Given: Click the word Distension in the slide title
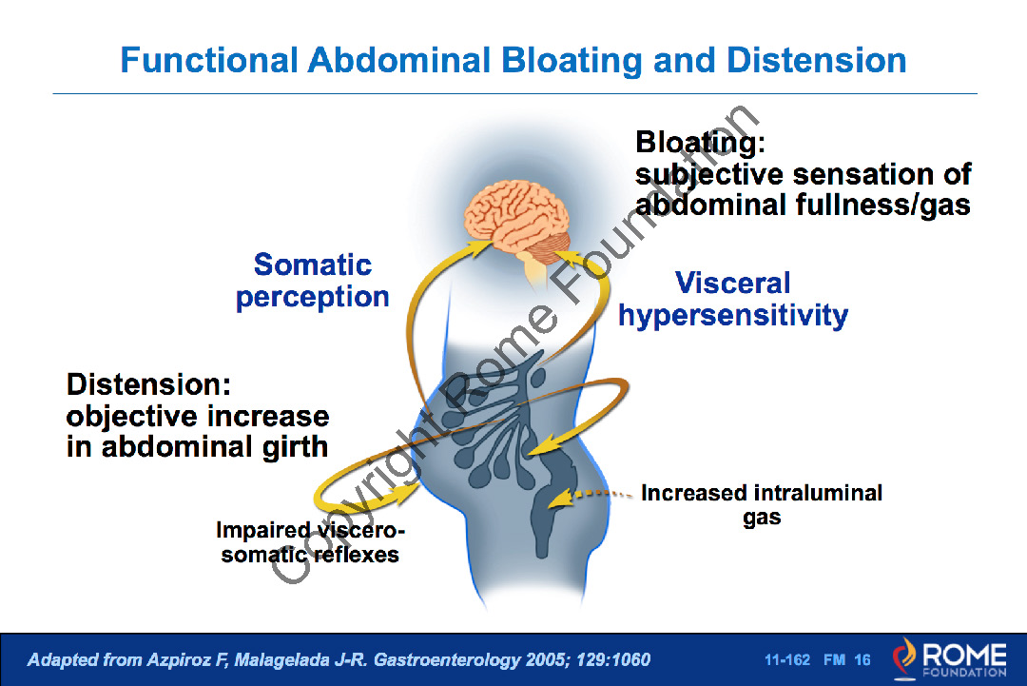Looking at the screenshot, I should coord(816,61).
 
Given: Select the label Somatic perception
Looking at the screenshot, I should coord(313,281).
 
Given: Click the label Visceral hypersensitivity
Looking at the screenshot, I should coord(732,299).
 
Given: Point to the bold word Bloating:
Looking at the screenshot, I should coord(700,143).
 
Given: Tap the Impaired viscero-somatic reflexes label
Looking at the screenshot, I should coord(310,542).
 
